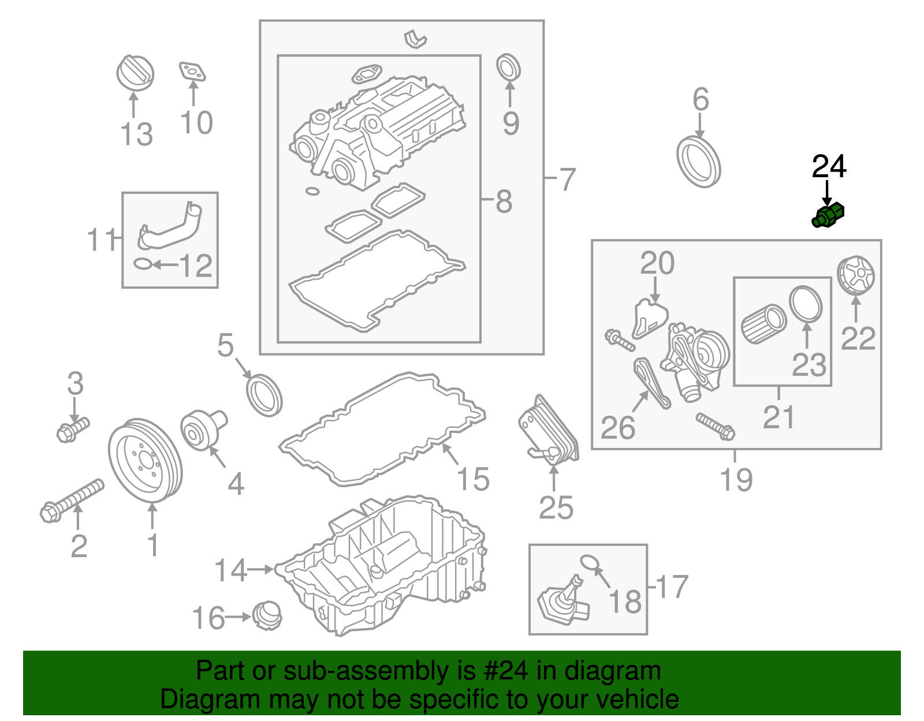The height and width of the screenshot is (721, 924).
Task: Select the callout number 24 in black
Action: tap(829, 167)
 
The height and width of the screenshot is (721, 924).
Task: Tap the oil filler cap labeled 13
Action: tap(135, 73)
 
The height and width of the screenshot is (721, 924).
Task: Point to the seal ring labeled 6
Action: tap(699, 162)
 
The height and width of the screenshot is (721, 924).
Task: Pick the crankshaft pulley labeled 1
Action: tap(145, 461)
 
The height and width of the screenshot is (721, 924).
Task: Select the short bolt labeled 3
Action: tap(73, 429)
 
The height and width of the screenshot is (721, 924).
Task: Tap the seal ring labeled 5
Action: tap(264, 395)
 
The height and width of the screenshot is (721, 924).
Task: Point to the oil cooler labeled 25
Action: tap(548, 430)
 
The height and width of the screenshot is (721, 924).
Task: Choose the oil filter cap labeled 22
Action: tap(856, 275)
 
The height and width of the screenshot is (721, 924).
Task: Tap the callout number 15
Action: tap(473, 479)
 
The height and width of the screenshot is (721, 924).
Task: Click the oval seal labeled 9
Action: tap(508, 68)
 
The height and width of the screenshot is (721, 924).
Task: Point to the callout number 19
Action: tap(736, 480)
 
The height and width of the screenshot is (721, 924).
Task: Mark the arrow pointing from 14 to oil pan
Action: tap(260, 569)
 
